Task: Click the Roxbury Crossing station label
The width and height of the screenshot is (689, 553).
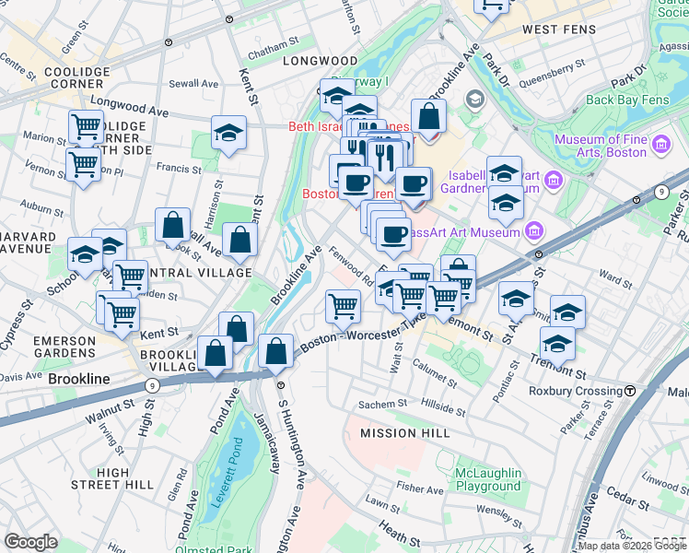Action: [578, 391]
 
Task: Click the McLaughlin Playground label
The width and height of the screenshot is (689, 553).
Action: [488, 479]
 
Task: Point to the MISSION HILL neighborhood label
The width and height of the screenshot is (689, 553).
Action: [405, 432]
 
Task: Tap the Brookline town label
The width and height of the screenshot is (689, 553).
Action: [79, 379]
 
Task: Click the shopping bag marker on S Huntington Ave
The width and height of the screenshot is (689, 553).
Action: [276, 351]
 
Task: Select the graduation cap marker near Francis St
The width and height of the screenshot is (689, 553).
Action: [228, 134]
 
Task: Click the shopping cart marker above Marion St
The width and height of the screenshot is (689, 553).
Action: [87, 126]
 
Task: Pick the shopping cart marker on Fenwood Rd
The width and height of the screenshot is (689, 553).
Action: [343, 305]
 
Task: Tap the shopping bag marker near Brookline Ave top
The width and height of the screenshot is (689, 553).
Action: [428, 116]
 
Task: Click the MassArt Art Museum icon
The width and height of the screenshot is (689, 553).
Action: [532, 230]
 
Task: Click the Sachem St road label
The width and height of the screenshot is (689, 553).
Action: [382, 404]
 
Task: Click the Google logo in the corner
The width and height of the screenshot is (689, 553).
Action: [31, 542]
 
